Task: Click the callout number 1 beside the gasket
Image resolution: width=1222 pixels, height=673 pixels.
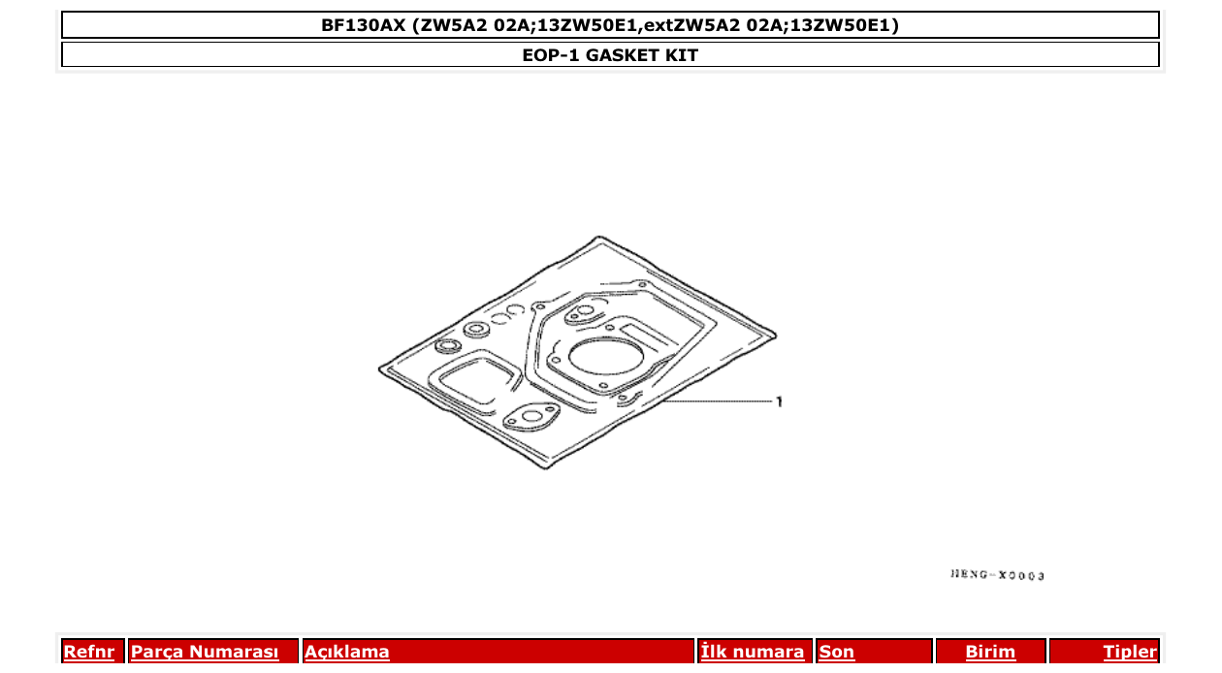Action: (779, 401)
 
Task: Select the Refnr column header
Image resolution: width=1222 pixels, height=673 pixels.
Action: (88, 652)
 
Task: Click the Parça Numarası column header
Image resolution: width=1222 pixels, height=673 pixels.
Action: (205, 652)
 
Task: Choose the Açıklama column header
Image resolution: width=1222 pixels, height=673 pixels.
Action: (347, 652)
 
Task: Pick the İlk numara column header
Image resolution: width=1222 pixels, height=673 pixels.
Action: (753, 652)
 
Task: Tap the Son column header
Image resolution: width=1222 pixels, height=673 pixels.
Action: (837, 652)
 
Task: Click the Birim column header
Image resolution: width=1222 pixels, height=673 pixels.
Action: (990, 652)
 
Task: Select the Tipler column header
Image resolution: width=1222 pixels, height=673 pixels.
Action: (1130, 652)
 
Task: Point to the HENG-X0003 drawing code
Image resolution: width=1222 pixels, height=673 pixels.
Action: (997, 575)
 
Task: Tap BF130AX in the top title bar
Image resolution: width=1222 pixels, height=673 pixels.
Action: (364, 25)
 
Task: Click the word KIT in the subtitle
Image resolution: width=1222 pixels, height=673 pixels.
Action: (681, 55)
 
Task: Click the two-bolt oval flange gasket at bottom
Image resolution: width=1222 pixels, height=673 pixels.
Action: (531, 418)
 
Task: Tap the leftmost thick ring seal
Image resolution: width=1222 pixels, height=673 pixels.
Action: (449, 347)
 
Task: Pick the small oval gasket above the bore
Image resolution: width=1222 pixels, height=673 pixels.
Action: (584, 312)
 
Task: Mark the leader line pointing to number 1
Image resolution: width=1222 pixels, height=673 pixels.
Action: (718, 401)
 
